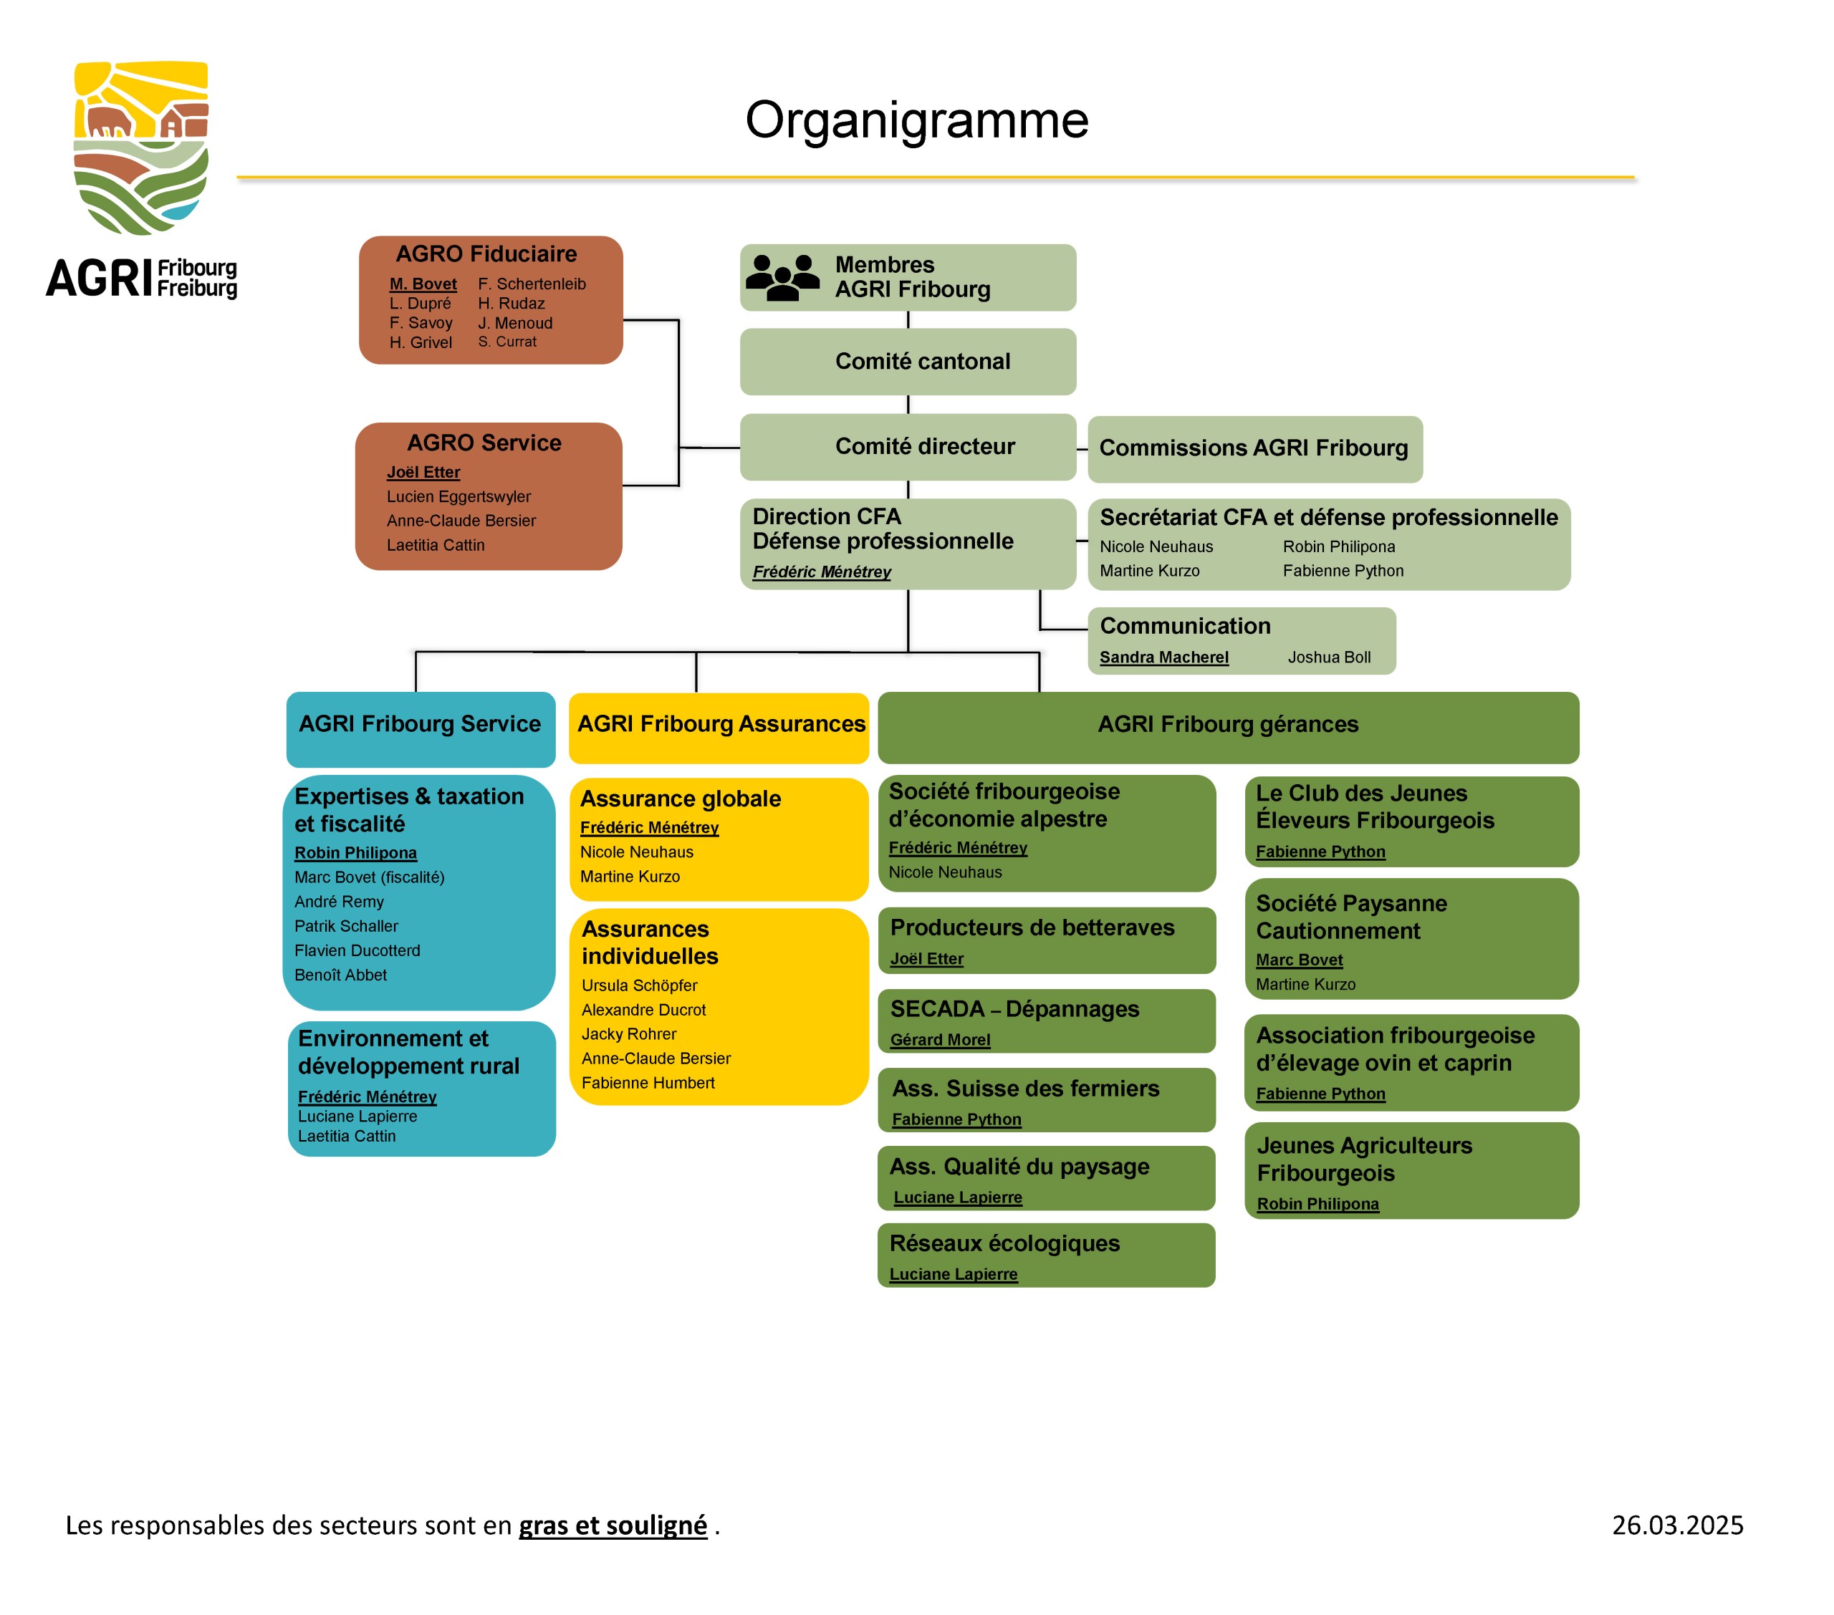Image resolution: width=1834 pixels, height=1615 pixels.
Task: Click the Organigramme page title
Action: [x=916, y=120]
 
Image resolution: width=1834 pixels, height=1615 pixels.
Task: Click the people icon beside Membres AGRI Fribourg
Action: [x=782, y=277]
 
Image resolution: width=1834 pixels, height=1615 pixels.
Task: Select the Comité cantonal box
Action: [x=907, y=362]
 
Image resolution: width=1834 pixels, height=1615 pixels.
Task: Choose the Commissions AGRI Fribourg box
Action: [x=1254, y=448]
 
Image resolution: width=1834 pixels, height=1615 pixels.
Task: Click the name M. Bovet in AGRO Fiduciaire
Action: [x=423, y=284]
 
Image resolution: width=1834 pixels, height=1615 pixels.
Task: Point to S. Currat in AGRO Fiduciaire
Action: [x=507, y=342]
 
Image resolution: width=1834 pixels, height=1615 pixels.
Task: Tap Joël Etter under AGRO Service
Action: [x=423, y=472]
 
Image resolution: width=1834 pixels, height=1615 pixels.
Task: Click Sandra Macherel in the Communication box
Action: [x=1163, y=657]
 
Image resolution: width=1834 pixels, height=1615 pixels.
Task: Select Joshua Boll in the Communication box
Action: [x=1329, y=657]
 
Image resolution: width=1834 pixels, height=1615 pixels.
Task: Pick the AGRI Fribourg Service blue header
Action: [x=421, y=728]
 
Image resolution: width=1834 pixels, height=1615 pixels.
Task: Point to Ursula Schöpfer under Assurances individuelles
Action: [x=639, y=985]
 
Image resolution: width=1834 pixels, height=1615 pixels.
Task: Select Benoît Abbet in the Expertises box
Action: [x=340, y=975]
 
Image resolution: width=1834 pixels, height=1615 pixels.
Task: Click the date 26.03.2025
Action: [x=1677, y=1525]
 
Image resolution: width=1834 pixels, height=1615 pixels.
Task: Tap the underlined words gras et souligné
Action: [x=613, y=1526]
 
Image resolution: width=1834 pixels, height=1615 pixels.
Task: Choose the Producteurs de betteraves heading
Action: [x=1032, y=927]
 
